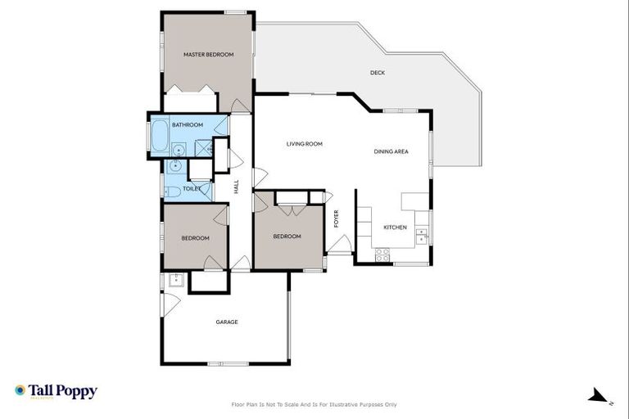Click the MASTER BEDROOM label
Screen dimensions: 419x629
pyautogui.click(x=208, y=55)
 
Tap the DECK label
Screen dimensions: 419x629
pyautogui.click(x=377, y=73)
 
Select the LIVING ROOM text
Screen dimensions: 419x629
pyautogui.click(x=304, y=144)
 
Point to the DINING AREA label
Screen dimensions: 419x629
pyautogui.click(x=391, y=151)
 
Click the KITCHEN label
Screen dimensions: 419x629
pyautogui.click(x=395, y=227)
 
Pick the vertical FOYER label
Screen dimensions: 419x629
pyautogui.click(x=336, y=218)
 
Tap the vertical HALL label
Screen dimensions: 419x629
pyautogui.click(x=236, y=187)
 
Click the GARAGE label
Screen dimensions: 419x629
pyautogui.click(x=227, y=322)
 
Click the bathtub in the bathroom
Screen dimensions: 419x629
pyautogui.click(x=159, y=136)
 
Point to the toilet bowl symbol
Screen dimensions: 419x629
pyautogui.click(x=172, y=192)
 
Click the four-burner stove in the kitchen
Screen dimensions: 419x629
pyautogui.click(x=382, y=255)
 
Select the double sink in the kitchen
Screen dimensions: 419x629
pyautogui.click(x=421, y=237)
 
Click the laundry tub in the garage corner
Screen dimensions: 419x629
pyautogui.click(x=174, y=280)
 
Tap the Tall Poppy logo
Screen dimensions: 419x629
pyautogui.click(x=56, y=391)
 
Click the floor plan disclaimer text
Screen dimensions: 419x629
pyautogui.click(x=314, y=404)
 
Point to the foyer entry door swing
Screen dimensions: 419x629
pyautogui.click(x=340, y=244)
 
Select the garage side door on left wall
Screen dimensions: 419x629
pyautogui.click(x=170, y=304)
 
